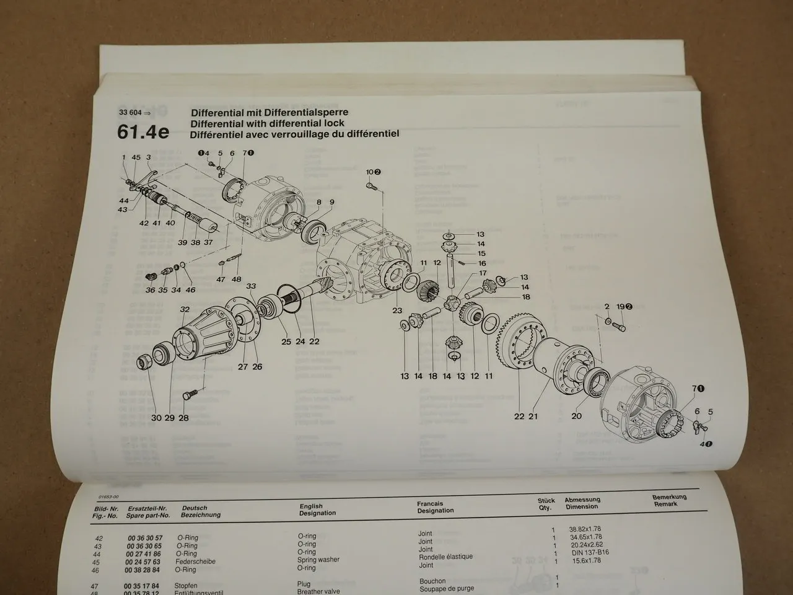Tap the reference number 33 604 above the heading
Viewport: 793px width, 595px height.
130,113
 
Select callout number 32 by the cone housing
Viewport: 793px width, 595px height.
185,309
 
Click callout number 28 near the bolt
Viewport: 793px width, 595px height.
183,418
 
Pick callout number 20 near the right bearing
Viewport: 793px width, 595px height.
576,416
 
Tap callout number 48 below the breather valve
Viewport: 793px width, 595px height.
236,280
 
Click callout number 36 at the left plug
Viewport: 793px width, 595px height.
150,290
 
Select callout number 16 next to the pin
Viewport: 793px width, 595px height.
481,263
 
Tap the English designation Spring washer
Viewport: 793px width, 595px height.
319,560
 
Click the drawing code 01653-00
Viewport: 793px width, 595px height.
109,498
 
